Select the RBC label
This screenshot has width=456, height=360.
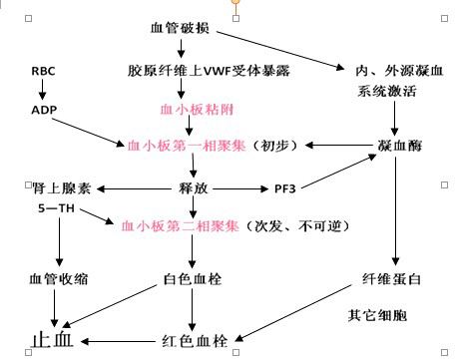point(44,72)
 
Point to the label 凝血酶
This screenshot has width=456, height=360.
point(396,146)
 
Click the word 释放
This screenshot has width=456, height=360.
point(192,187)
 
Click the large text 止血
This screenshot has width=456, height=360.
point(51,340)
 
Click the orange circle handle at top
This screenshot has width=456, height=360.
point(236,3)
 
